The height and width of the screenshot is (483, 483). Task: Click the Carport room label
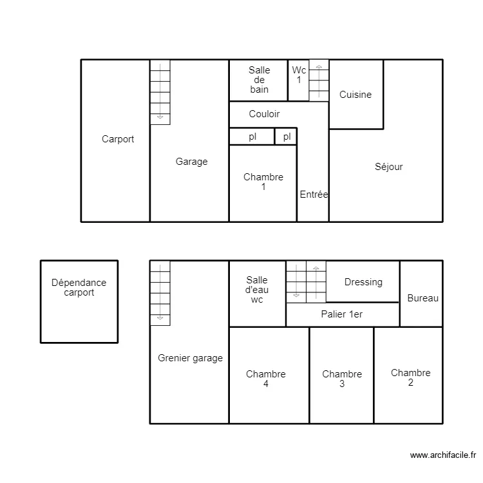pos(118,139)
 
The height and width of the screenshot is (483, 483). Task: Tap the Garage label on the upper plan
pos(191,162)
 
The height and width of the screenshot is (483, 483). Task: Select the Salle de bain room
pos(259,80)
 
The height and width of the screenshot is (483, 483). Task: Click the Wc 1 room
pos(299,75)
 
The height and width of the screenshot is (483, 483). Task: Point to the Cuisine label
pos(355,95)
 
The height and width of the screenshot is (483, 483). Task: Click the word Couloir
pos(264,114)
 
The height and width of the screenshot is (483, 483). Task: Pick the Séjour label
pos(388,167)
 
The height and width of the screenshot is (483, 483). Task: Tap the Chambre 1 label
pos(263,182)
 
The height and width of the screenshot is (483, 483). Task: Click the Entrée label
pos(314,194)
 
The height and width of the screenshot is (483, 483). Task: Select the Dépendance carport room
pos(79,288)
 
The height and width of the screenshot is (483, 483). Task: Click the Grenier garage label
pos(190,358)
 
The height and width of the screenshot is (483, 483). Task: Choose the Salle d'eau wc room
pos(257,290)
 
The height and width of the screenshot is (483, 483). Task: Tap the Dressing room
pos(363,282)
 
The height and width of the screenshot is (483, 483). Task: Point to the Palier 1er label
pos(341,314)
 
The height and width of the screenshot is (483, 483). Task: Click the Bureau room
pos(422,298)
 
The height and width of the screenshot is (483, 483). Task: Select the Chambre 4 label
pos(265,379)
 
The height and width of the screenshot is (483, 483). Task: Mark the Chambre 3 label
pos(342,379)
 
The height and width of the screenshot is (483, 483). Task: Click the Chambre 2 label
pos(410,377)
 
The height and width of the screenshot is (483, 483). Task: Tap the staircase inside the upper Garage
pos(160,91)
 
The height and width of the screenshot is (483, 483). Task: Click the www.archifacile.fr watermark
pos(442,455)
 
